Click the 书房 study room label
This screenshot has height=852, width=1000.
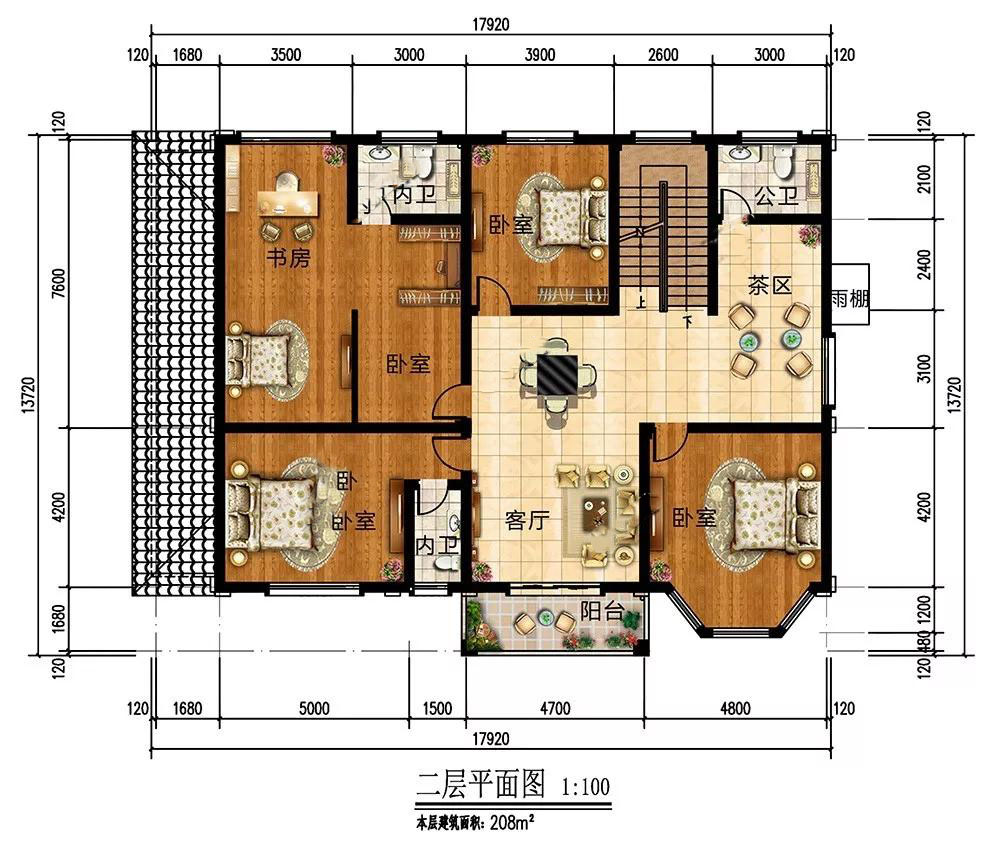pyautogui.click(x=288, y=258)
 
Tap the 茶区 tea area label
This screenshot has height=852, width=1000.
pyautogui.click(x=770, y=285)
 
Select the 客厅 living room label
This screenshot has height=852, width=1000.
pyautogui.click(x=527, y=520)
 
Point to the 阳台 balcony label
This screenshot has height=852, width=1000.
pyautogui.click(x=601, y=611)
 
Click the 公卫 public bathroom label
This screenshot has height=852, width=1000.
pyautogui.click(x=776, y=195)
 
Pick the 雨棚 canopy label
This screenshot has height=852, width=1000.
pyautogui.click(x=850, y=298)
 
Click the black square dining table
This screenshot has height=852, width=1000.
pyautogui.click(x=557, y=376)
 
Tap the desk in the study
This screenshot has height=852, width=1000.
pyautogui.click(x=288, y=203)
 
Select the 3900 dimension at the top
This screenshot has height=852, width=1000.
pyautogui.click(x=540, y=55)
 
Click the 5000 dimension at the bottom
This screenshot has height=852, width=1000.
pyautogui.click(x=314, y=709)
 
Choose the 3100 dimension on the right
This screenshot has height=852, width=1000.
pyautogui.click(x=923, y=369)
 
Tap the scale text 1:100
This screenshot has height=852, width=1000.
pyautogui.click(x=585, y=787)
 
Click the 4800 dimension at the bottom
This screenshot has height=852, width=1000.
pyautogui.click(x=735, y=709)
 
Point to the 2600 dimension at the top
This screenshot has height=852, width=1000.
pyautogui.click(x=663, y=55)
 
